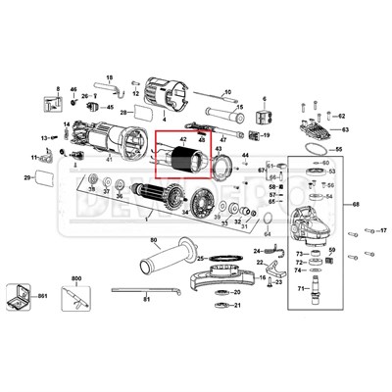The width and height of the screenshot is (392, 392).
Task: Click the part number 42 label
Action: (182, 143)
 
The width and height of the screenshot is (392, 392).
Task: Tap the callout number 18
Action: (109, 77)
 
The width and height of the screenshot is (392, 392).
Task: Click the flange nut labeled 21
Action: (221, 305)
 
